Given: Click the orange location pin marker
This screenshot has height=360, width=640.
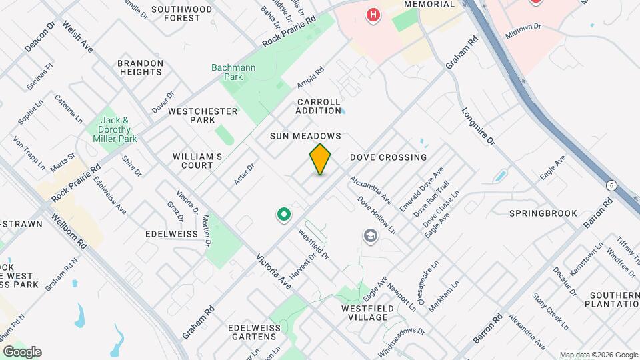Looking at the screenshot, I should click(320, 159).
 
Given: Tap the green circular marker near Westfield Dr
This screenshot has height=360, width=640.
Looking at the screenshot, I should click(283, 215).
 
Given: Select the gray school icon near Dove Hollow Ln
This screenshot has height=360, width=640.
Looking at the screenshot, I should click(369, 236).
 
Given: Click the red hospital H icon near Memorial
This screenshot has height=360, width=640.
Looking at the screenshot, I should click(373, 14).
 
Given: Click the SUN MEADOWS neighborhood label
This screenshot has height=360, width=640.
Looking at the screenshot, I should click(305, 136).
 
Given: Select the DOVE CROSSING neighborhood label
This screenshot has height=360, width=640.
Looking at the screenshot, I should click(388, 157).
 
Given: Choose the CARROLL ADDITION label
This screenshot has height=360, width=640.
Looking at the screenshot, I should click(318, 106).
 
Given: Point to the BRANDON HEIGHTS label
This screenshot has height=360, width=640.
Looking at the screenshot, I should click(140, 67).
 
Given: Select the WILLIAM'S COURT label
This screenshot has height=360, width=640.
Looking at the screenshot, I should click(197, 161).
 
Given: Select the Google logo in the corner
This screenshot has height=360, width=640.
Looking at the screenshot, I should click(22, 352).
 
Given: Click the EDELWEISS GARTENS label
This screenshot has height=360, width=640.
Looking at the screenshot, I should click(252, 332).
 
